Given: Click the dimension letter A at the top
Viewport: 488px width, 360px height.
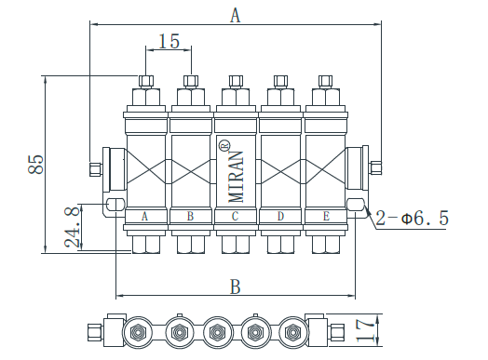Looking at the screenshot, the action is coord(236,16).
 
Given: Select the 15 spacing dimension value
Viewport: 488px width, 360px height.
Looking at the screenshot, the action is coord(169,41).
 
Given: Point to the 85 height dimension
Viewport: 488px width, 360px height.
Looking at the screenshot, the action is coord(35,164).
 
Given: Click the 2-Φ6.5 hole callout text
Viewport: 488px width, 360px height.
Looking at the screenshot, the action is coord(412,218).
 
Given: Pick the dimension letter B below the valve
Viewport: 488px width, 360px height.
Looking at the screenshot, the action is coord(236,287).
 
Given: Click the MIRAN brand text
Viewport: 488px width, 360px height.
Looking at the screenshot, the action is coord(236,177).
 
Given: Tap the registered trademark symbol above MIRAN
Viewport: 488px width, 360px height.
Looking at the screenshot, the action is coord(224,145).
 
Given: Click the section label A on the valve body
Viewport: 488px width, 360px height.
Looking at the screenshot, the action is coord(144,216).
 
